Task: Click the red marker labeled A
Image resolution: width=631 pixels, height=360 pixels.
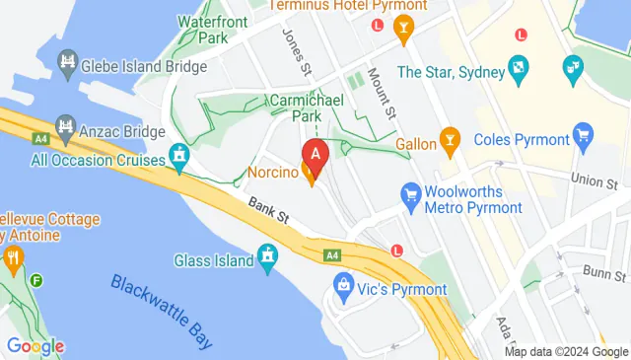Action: pos(315,154)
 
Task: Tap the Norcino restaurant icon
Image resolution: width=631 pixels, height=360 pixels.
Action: pos(313,177)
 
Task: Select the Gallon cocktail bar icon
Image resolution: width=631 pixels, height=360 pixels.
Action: pos(451,140)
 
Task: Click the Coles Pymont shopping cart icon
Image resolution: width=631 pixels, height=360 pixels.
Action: pos(583,134)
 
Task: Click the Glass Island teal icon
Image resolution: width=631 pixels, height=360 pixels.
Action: pos(267,258)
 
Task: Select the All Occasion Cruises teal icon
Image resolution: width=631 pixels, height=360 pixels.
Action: pos(178,156)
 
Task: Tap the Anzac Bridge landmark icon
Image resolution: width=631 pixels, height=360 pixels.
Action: pos(65,127)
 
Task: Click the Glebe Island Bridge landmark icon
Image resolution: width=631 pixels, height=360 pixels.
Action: pos(67,65)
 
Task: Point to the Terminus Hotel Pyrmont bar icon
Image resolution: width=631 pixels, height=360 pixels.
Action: pos(401,32)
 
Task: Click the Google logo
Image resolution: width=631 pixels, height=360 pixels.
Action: pos(35,346)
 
